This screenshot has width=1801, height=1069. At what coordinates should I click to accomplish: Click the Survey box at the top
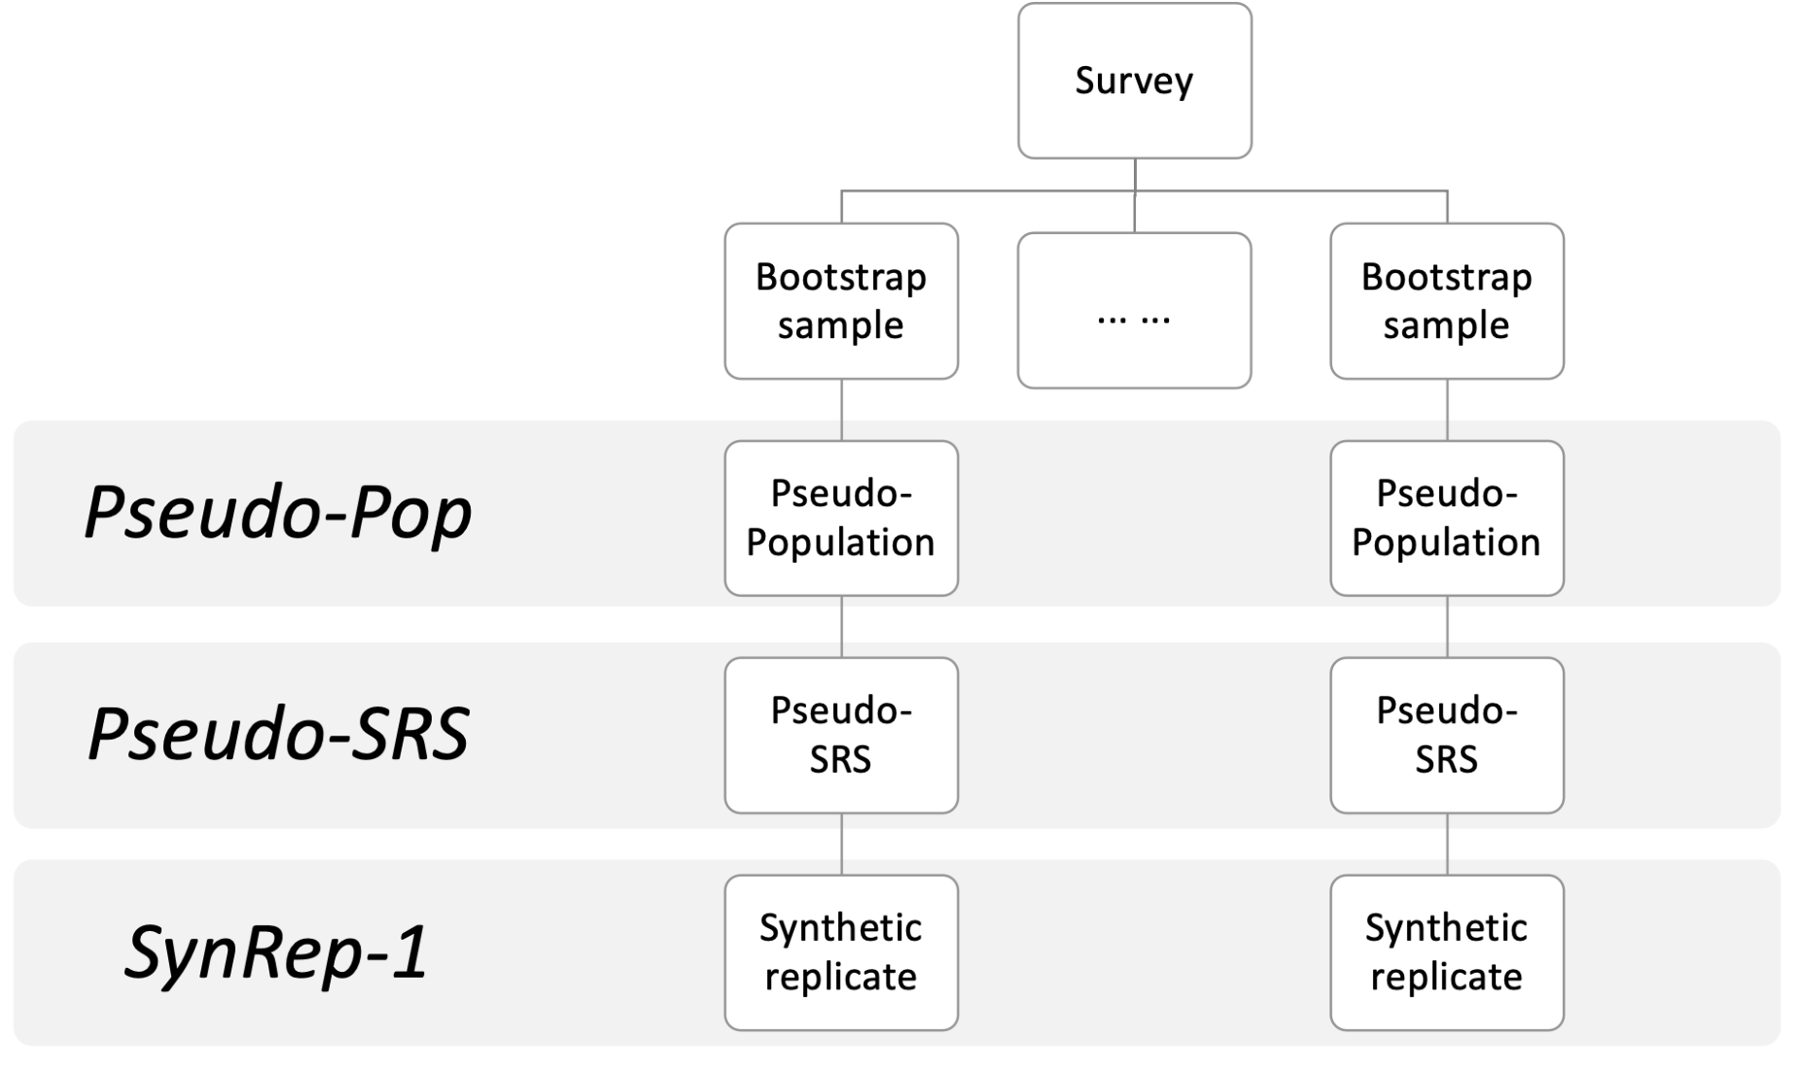coord(1134,81)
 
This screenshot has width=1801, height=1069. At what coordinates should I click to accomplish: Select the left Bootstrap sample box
coord(841,301)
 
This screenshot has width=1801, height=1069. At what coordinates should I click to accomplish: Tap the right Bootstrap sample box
coord(1447,301)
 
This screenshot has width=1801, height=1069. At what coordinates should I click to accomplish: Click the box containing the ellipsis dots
coord(1134,310)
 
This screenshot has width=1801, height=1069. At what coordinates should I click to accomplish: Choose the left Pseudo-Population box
coord(841,518)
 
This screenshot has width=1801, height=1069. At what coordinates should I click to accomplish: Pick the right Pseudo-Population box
coord(1447,518)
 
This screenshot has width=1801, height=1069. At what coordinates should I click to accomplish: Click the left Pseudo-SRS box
coord(841,736)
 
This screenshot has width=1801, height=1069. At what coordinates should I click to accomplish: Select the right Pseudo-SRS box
coord(1447,736)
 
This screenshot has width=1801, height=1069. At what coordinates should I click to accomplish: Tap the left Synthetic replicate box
coord(841,952)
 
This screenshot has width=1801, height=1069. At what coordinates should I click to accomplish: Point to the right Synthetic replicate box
coord(1447,952)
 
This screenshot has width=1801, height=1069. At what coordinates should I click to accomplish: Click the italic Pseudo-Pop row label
coord(278,512)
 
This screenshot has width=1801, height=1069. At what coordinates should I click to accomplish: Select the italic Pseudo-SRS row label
coord(279,732)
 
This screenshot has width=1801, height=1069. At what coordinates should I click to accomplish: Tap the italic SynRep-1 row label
coord(276,951)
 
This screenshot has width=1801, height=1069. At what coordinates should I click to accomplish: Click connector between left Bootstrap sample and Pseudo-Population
coord(841,410)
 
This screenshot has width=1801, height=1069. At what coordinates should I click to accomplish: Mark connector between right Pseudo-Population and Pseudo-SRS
coord(1447,627)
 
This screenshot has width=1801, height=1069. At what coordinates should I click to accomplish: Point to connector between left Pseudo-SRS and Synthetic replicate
coord(841,845)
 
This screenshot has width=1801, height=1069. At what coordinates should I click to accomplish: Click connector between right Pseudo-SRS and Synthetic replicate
coord(1447,845)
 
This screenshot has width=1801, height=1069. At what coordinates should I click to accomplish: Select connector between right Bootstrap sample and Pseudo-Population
coord(1447,410)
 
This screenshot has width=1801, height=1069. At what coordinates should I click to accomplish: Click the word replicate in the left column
coord(841,978)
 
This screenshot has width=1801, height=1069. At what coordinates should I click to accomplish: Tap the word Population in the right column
coord(1447,543)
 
